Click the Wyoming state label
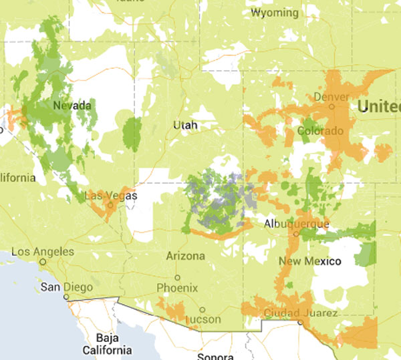point(274,13)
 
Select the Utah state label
point(185,125)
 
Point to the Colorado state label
point(319,130)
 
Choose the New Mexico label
point(310,260)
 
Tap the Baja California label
point(107,344)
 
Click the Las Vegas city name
point(112,196)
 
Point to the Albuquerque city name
point(297,223)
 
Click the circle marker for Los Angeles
point(43,262)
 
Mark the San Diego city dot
point(66,297)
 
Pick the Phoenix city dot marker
point(177,277)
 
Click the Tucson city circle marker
point(203,309)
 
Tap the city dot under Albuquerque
point(296,234)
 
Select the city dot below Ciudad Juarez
point(300,322)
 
